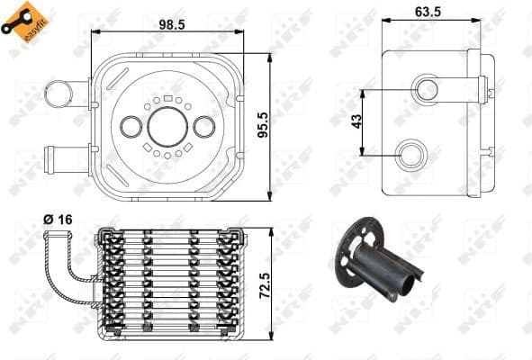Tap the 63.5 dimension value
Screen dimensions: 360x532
[x=429, y=13]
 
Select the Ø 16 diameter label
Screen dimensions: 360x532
[x=57, y=219]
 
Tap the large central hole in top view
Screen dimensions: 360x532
[x=167, y=127]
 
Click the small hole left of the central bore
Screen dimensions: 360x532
[x=131, y=127]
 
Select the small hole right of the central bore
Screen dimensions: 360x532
[x=204, y=127]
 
